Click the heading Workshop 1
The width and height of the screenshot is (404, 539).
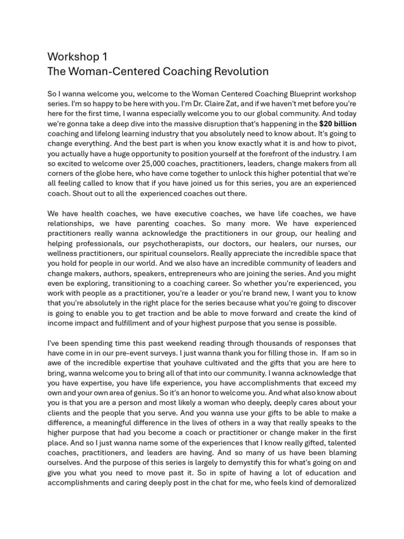coord(77,56)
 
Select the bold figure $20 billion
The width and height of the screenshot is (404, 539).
coord(338,124)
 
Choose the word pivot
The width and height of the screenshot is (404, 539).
coord(346,144)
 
